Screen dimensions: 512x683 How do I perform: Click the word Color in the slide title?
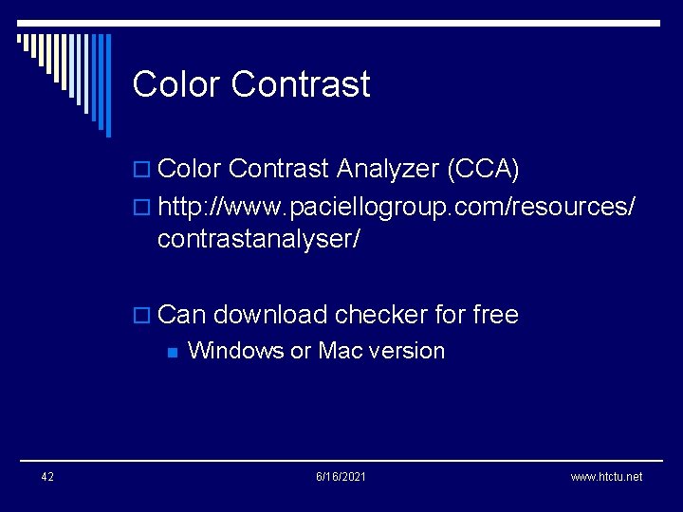[176, 84]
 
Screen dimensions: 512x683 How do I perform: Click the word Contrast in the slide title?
[300, 84]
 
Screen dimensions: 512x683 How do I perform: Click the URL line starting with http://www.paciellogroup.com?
[397, 206]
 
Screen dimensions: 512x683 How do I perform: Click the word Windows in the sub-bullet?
[236, 351]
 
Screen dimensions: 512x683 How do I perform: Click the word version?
[406, 351]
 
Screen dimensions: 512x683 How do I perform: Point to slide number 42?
[47, 476]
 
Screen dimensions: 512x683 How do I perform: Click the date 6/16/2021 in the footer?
[341, 476]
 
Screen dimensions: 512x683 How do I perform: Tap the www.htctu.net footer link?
[606, 476]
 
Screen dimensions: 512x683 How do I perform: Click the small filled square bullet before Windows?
[172, 352]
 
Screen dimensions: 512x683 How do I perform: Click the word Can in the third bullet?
[182, 315]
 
